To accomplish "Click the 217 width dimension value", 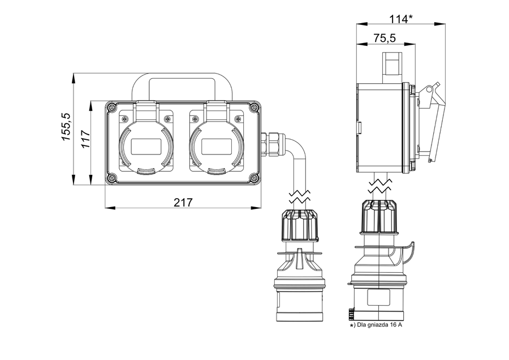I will click(183, 202).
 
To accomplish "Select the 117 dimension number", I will click(85, 139).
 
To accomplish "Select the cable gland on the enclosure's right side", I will click(271, 143).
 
